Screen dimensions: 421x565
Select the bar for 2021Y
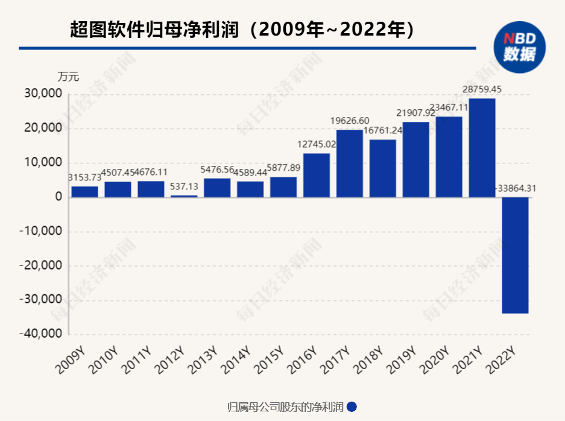tap(482, 148)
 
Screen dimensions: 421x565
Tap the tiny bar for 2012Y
tap(184, 196)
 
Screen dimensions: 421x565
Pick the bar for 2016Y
tap(317, 175)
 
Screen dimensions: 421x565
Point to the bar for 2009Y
tap(84, 191)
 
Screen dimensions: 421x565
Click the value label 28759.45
tap(482, 89)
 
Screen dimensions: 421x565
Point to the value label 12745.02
tap(317, 144)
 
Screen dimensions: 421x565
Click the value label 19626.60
tap(350, 121)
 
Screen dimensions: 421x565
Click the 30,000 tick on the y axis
tap(42, 94)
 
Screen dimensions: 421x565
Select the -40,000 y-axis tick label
tap(40, 334)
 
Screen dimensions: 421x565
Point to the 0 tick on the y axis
tap(58, 197)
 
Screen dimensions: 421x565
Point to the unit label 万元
tap(68, 77)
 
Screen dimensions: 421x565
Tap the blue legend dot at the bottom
tap(352, 407)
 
